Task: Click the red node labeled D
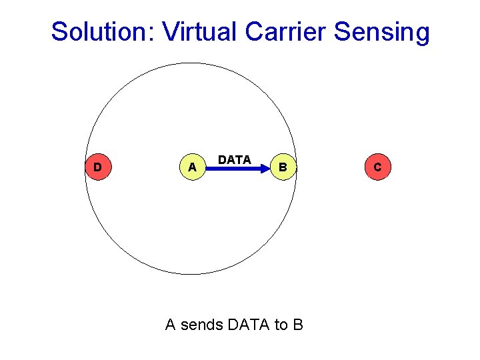(97, 167)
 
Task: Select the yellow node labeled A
(192, 167)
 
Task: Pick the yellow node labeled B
(283, 167)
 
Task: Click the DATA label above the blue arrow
(235, 160)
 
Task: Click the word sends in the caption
(202, 325)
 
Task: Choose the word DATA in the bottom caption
(249, 325)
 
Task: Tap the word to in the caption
(281, 325)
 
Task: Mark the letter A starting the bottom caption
(171, 325)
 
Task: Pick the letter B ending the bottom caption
(298, 325)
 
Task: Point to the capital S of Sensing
(341, 31)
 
